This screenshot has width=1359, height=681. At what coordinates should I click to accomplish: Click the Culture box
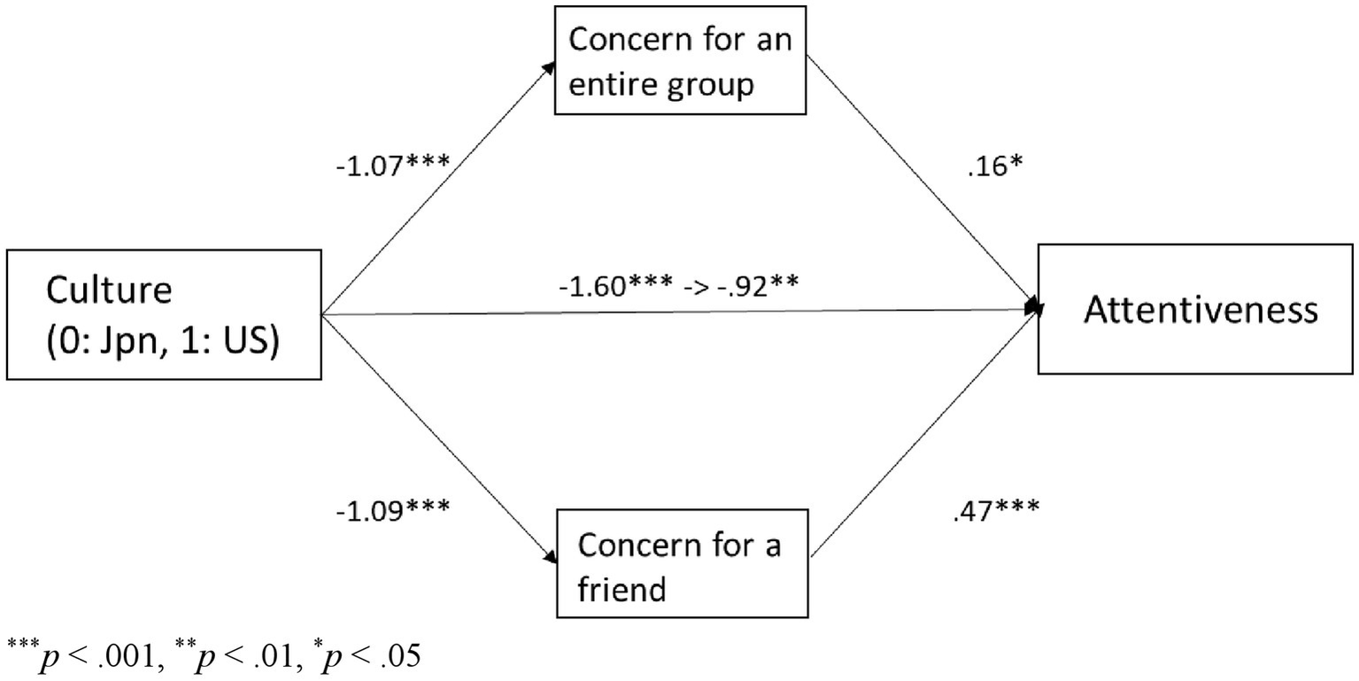164,315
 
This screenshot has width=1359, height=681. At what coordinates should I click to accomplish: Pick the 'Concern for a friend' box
683,563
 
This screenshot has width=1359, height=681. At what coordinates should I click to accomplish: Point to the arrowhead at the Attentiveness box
1032,306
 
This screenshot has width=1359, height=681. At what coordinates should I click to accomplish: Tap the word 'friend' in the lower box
622,588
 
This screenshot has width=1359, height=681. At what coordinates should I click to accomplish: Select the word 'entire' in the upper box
614,85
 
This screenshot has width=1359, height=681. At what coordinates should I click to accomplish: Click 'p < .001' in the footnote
89,656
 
